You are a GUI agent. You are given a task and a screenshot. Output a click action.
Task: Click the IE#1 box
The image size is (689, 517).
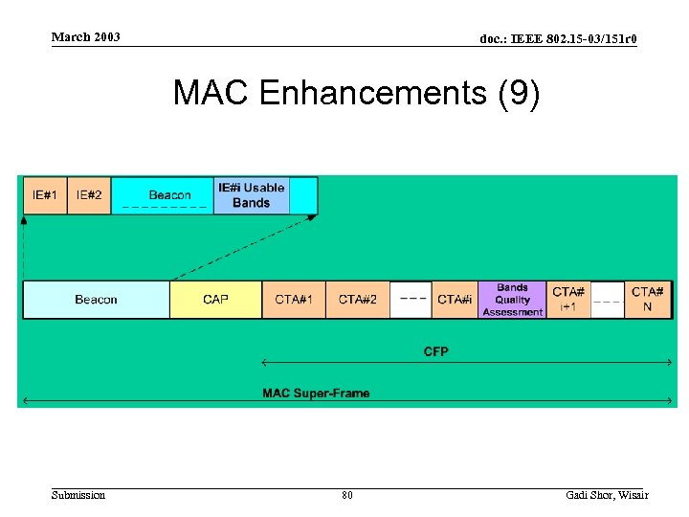[x=45, y=195]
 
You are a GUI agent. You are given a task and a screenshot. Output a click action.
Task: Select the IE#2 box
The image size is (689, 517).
[x=89, y=195]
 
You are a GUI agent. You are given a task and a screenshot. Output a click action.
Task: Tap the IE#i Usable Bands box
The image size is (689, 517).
[x=251, y=195]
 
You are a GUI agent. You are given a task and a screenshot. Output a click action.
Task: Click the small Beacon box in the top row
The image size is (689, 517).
[x=163, y=195]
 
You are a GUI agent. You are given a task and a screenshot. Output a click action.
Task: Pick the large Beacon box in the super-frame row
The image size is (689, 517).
[x=96, y=300]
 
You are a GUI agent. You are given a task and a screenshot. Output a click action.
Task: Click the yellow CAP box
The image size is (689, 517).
[x=215, y=300]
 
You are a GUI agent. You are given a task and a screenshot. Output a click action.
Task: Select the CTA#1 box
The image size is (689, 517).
[x=294, y=300]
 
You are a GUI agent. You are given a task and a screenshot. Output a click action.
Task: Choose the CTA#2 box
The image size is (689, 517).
[x=358, y=300]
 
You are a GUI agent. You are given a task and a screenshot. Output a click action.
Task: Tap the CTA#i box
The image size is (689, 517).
[x=455, y=300]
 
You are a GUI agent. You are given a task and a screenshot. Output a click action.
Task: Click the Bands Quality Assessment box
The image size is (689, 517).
[x=512, y=300]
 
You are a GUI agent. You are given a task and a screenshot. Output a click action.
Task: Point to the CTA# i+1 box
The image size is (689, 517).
[x=568, y=300]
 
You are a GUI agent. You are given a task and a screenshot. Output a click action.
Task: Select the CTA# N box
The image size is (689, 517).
[x=648, y=300]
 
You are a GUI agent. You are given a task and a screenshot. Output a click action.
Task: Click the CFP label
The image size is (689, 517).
[x=435, y=351]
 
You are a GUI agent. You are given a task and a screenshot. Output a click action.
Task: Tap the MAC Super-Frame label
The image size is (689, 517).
[x=316, y=393]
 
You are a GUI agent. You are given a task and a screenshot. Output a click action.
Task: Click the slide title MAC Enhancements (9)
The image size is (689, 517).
[x=356, y=94]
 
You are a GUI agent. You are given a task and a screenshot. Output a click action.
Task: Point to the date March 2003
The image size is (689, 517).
[x=86, y=37]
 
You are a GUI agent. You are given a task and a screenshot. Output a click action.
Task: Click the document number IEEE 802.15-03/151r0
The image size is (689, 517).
[x=558, y=39]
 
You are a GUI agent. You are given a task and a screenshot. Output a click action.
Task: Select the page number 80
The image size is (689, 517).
[x=346, y=495]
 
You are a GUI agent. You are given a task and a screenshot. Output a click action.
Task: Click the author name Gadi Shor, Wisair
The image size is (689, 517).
[x=607, y=495]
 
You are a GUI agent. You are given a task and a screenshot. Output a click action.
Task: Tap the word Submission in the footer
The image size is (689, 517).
[x=78, y=495]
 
